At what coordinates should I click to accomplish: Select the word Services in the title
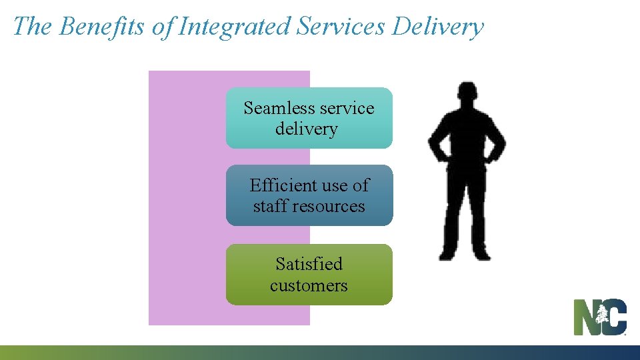[x=341, y=27]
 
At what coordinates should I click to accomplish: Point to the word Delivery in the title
[x=437, y=27]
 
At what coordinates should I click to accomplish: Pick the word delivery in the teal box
[x=307, y=129]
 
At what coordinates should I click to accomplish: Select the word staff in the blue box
[x=269, y=206]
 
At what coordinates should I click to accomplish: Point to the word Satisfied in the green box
[x=309, y=264]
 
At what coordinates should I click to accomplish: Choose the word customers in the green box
[x=309, y=285]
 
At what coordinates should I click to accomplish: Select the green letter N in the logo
[x=586, y=317]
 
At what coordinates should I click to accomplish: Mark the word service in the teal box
[x=347, y=108]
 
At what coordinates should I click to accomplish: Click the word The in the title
[x=32, y=27]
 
